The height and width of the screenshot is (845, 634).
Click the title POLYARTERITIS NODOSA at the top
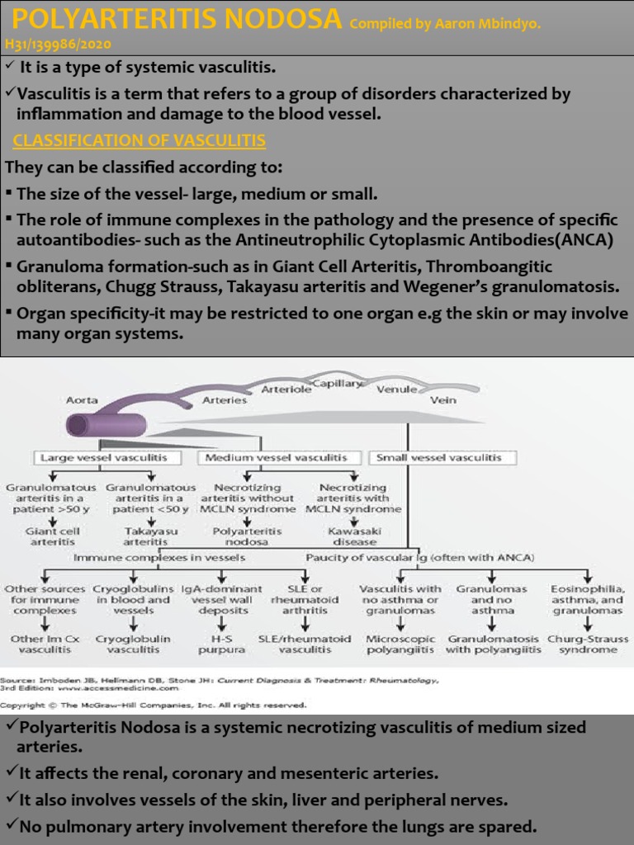[174, 17]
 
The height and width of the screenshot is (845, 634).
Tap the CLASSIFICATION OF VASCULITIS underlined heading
[139, 140]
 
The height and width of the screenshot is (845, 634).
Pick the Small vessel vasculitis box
[444, 457]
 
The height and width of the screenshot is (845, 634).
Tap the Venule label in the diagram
[396, 389]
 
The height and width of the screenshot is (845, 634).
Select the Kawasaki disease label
[352, 536]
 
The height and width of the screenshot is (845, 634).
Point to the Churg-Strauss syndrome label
[589, 644]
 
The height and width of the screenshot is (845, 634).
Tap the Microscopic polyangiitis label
[399, 644]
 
